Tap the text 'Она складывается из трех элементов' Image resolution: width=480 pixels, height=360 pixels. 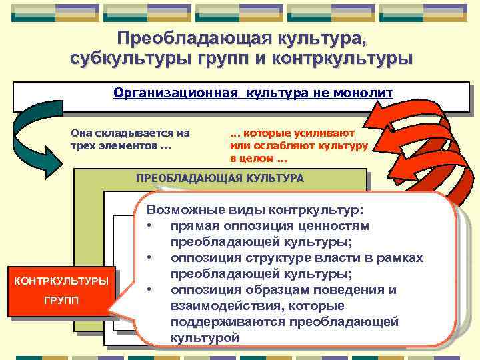(x=130, y=139)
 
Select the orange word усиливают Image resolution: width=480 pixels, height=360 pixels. (x=328, y=133)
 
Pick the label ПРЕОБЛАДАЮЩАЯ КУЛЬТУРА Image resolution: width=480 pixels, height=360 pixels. (x=219, y=179)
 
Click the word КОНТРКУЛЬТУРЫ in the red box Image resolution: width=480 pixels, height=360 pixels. (x=61, y=281)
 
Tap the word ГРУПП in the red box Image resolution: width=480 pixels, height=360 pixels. (x=61, y=301)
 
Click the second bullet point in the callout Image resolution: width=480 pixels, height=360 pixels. (x=151, y=258)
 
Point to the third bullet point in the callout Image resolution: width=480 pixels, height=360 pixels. (x=151, y=290)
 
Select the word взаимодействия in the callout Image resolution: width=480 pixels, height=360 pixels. (x=217, y=306)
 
